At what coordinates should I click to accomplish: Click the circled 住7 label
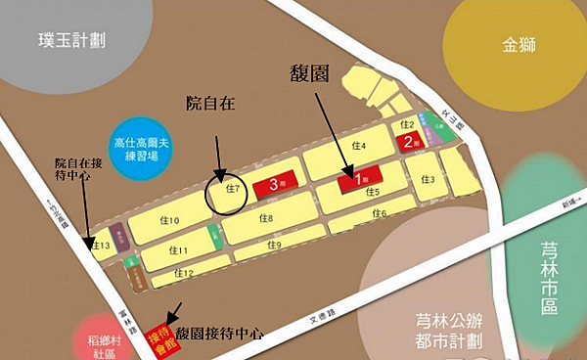[232, 188]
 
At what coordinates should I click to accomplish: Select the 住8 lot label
[263, 218]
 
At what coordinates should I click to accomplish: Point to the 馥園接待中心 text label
[220, 334]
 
